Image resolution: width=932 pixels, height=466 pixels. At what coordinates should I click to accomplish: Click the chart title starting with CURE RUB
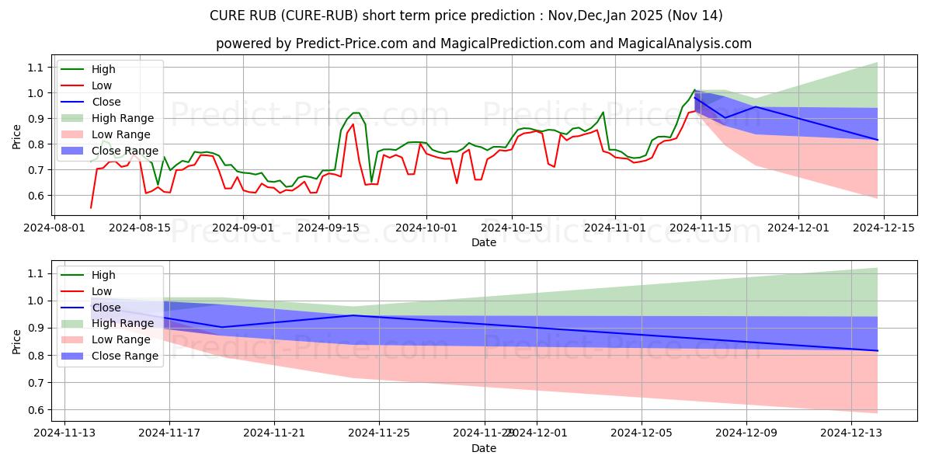(465, 16)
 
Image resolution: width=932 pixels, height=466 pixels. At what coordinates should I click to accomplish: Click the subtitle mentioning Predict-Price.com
(483, 43)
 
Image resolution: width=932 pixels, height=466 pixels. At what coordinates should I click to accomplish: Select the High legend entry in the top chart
(103, 69)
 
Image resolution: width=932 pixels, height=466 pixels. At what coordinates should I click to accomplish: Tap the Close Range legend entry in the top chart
(124, 151)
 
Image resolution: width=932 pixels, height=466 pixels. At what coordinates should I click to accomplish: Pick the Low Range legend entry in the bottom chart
(121, 339)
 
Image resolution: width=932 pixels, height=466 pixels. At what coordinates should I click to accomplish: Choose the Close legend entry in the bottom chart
(106, 308)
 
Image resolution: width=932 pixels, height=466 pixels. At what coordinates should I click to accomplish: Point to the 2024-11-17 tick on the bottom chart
(169, 432)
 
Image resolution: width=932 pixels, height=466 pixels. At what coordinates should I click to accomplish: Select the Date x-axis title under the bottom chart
(483, 448)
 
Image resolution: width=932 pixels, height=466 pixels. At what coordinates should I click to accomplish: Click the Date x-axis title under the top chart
(483, 242)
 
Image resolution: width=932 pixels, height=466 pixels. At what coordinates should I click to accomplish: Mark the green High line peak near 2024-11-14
(694, 89)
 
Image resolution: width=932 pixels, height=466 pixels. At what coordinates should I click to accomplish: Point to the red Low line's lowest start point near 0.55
(91, 207)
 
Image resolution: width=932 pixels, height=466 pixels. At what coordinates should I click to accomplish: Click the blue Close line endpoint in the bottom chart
(878, 350)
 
